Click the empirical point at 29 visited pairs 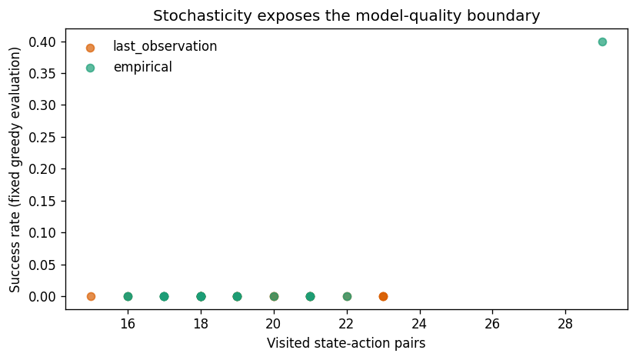(602, 42)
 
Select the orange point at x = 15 (91, 296)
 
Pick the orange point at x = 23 (383, 296)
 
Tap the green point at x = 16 (128, 296)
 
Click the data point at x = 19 (238, 296)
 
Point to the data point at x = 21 (310, 296)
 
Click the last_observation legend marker (90, 48)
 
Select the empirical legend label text (143, 67)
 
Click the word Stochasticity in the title (202, 16)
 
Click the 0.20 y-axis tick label (42, 168)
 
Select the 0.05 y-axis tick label (42, 265)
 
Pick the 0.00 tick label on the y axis (42, 297)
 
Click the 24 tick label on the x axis (419, 324)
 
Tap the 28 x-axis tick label (565, 324)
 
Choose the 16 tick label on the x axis (128, 324)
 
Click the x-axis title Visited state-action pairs (346, 343)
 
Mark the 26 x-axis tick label (492, 324)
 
